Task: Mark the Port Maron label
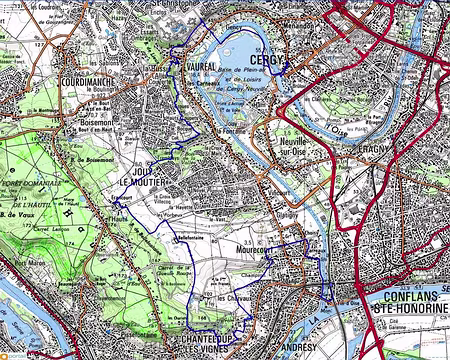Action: click(x=28, y=266)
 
